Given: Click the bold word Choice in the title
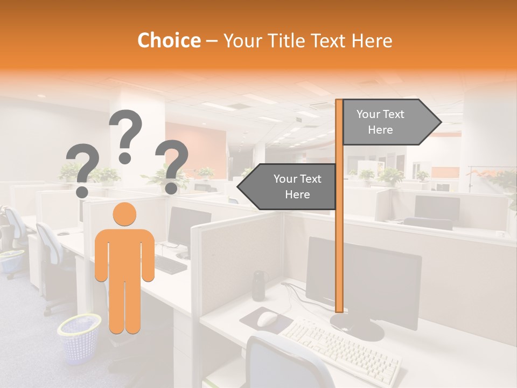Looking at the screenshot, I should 169,40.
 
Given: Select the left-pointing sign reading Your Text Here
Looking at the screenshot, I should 291,186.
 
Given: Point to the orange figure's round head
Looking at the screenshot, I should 124,214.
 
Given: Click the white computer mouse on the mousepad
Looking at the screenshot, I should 267,319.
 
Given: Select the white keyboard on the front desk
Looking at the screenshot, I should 339,348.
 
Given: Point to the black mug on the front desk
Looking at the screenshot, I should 259,285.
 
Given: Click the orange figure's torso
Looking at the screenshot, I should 124,253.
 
